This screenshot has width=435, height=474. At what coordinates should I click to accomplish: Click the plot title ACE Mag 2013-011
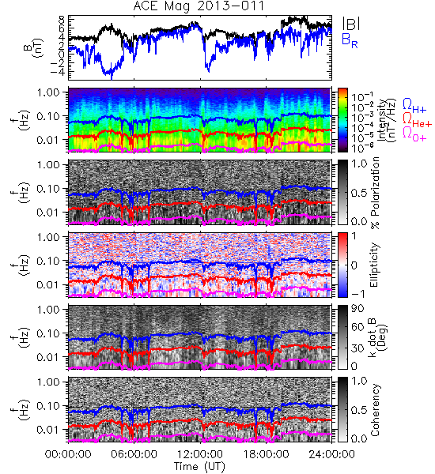click(x=199, y=6)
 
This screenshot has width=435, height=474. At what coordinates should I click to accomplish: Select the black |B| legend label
click(x=350, y=24)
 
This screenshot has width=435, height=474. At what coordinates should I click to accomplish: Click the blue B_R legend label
click(x=350, y=41)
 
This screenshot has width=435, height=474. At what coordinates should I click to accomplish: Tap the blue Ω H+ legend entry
click(x=414, y=106)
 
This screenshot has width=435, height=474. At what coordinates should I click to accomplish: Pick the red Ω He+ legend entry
click(x=417, y=120)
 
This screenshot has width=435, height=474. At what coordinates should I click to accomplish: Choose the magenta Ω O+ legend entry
click(x=414, y=134)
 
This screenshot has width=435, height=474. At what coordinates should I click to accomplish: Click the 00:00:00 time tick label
click(x=68, y=454)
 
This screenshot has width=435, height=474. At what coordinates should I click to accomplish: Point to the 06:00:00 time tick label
click(x=134, y=454)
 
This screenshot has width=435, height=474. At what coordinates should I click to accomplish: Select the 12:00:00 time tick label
click(x=200, y=454)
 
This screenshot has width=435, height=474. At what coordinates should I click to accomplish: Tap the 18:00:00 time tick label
click(x=266, y=454)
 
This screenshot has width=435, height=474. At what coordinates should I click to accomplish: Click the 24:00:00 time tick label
click(x=331, y=454)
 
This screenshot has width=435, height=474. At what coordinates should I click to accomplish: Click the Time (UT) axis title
click(x=200, y=466)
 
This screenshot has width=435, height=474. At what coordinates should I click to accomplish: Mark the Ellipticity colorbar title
click(x=374, y=265)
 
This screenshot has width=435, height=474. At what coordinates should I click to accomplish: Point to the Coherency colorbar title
click(x=374, y=410)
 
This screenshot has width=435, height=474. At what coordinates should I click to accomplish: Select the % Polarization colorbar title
click(x=375, y=193)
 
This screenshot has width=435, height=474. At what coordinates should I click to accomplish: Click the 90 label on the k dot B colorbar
click(x=357, y=309)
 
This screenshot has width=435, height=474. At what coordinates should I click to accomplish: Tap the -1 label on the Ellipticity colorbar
click(x=357, y=293)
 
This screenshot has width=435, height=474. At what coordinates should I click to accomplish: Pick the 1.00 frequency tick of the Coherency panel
click(x=48, y=382)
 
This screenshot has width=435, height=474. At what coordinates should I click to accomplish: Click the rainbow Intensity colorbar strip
click(x=342, y=120)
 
